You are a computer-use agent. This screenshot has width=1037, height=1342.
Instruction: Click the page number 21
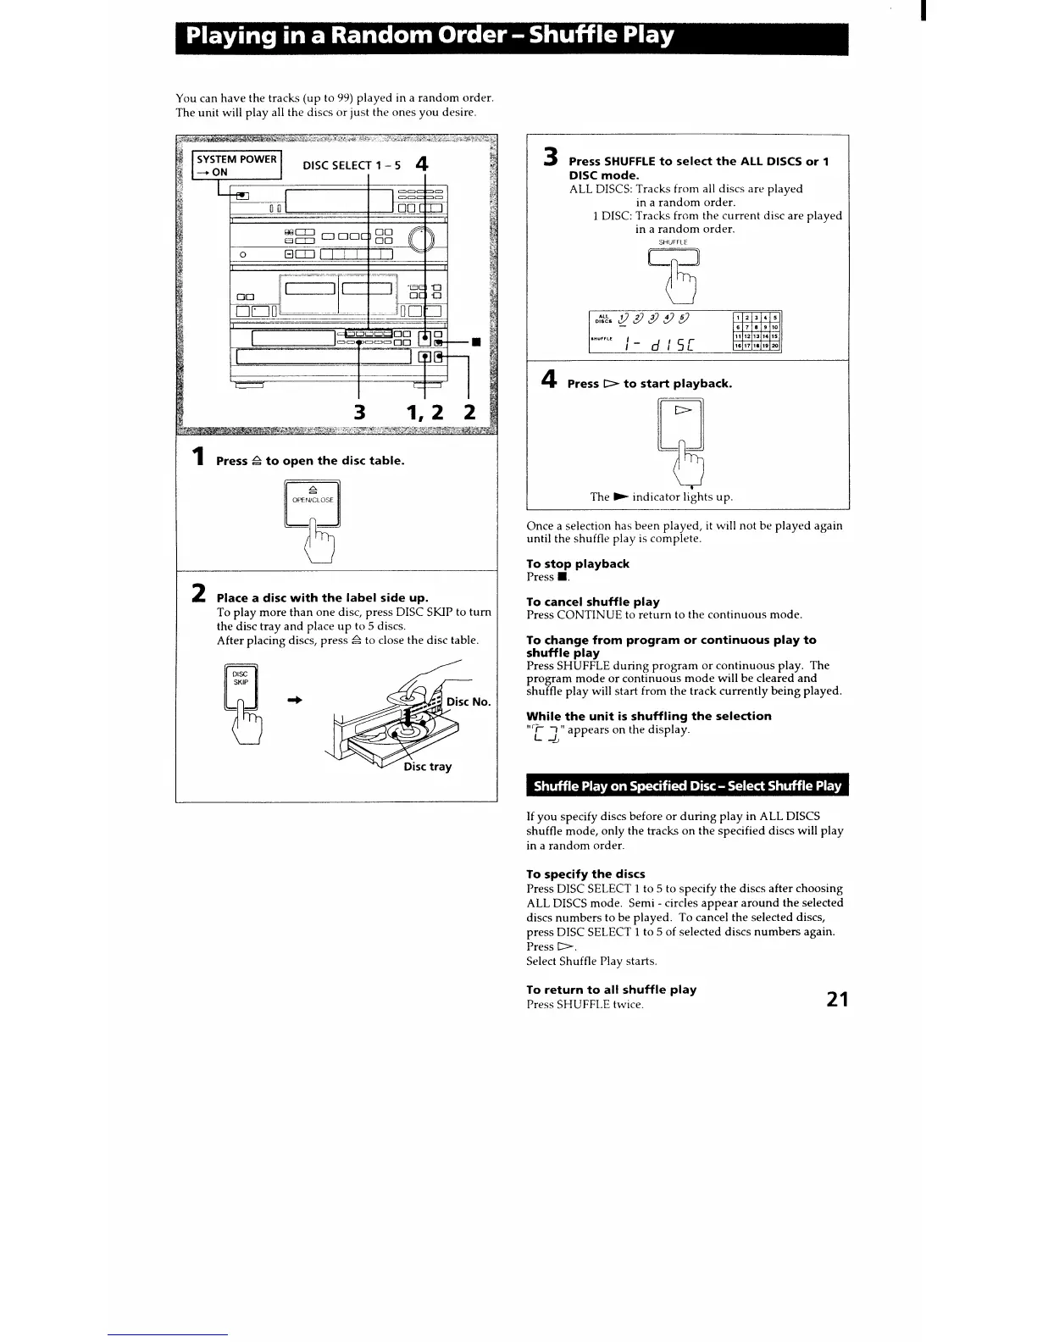click(x=836, y=1000)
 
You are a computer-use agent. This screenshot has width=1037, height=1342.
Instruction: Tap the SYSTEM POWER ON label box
click(x=236, y=165)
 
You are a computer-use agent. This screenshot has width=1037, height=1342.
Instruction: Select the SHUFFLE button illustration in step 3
click(x=674, y=258)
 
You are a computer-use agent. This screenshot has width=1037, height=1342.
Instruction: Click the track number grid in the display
click(x=756, y=331)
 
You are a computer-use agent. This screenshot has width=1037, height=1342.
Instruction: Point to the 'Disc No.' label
click(x=469, y=701)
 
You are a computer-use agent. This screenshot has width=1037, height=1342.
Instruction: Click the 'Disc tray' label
click(x=427, y=767)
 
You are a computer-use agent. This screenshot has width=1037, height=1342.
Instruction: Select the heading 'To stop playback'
click(x=578, y=564)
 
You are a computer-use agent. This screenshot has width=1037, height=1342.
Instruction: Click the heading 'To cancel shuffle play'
click(x=593, y=602)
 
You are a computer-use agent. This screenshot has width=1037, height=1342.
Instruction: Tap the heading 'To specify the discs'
click(x=585, y=874)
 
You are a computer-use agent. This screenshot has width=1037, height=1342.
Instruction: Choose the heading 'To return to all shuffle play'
click(x=611, y=990)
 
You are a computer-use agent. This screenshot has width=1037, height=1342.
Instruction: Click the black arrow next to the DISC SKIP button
click(x=295, y=700)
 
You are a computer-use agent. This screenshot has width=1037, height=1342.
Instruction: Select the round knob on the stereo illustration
click(x=420, y=241)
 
